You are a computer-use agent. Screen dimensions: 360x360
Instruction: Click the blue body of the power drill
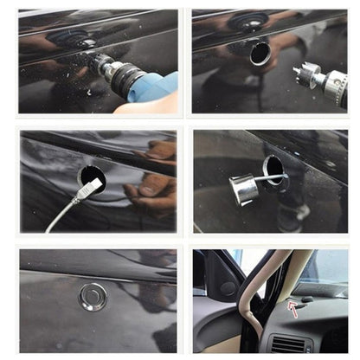click(156, 87)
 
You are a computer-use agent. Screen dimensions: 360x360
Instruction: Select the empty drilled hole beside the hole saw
click(260, 54)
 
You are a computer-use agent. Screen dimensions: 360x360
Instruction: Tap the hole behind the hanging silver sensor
click(275, 169)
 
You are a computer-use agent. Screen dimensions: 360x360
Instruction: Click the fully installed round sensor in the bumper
click(93, 297)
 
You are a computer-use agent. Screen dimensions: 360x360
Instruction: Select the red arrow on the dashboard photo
click(292, 305)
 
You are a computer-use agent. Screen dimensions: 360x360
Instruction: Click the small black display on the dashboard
click(306, 299)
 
